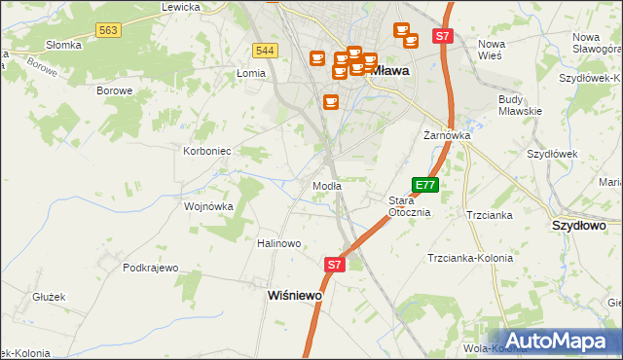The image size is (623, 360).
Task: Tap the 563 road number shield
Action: pyautogui.click(x=108, y=32)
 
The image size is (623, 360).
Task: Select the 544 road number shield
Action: pyautogui.click(x=265, y=51)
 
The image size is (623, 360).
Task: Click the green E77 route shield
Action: pyautogui.click(x=425, y=184)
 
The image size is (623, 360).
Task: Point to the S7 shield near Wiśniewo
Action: pyautogui.click(x=334, y=264)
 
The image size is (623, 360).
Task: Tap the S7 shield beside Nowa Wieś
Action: pyautogui.click(x=443, y=36)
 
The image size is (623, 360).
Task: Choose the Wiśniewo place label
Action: pyautogui.click(x=295, y=295)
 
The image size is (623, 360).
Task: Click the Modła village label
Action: pyautogui.click(x=326, y=186)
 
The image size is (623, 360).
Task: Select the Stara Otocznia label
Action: pyautogui.click(x=409, y=206)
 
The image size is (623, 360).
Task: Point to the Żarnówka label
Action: pyautogui.click(x=447, y=136)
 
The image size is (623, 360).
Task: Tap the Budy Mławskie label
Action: pyautogui.click(x=520, y=105)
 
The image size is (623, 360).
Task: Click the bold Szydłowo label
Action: pyautogui.click(x=579, y=225)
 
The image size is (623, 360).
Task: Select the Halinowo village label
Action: pyautogui.click(x=278, y=243)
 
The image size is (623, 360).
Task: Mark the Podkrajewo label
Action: pyautogui.click(x=151, y=267)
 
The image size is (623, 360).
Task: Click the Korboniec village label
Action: pyautogui.click(x=206, y=151)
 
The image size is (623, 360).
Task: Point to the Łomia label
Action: pyautogui.click(x=251, y=73)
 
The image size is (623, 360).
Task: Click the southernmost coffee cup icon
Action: pyautogui.click(x=331, y=101)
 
